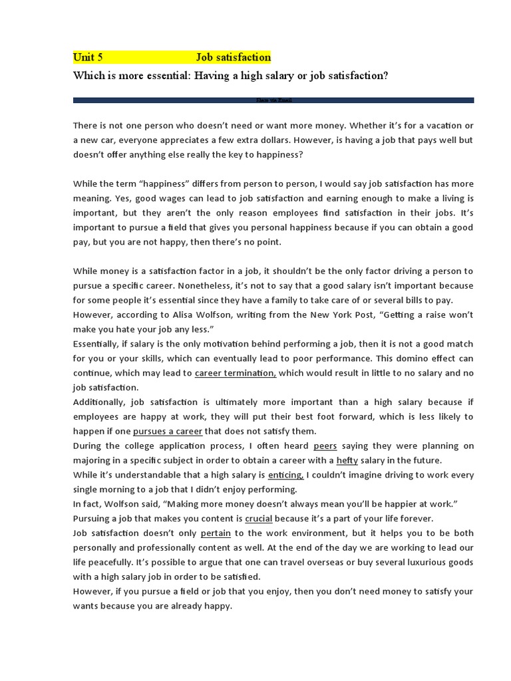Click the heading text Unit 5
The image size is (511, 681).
pyautogui.click(x=88, y=58)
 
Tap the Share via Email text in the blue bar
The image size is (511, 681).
pyautogui.click(x=273, y=100)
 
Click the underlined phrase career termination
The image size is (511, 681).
pyautogui.click(x=235, y=373)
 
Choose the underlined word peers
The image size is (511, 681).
pyautogui.click(x=325, y=446)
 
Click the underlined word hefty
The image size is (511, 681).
pyautogui.click(x=347, y=460)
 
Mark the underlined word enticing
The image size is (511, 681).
pyautogui.click(x=285, y=475)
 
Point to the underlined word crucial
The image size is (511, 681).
pyautogui.click(x=258, y=518)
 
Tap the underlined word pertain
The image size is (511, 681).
pyautogui.click(x=216, y=533)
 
